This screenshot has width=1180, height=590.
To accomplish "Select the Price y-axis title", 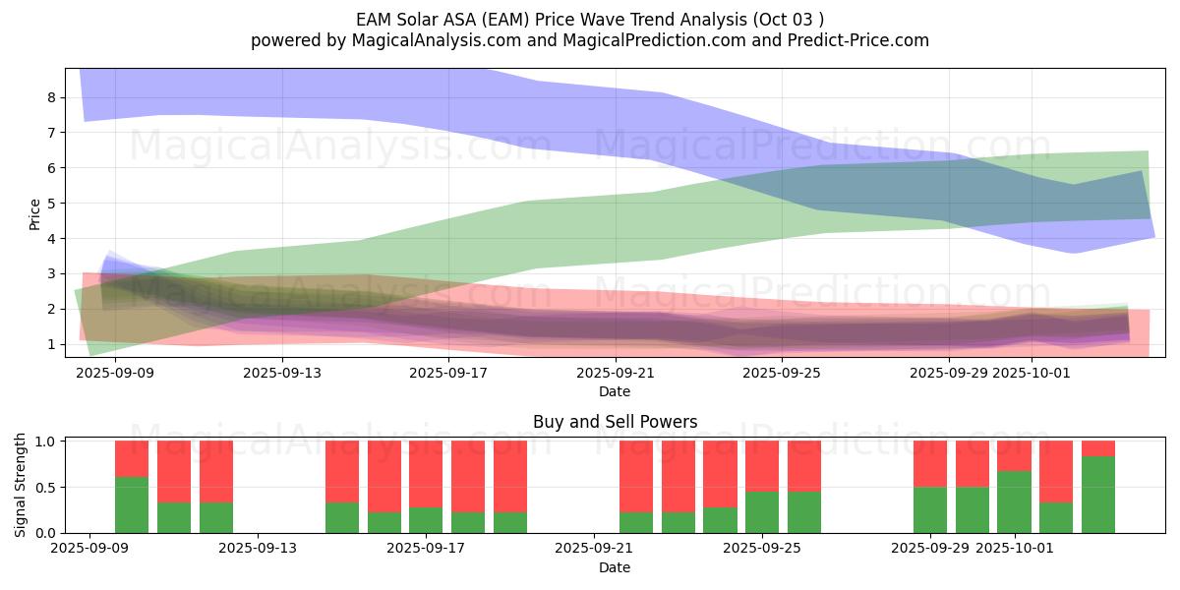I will click(x=35, y=213).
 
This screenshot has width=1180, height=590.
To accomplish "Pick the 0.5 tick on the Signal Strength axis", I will click(x=45, y=487).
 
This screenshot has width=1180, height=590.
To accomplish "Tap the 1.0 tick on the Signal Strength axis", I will click(x=45, y=442).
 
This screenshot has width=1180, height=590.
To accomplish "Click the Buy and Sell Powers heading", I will click(x=615, y=422).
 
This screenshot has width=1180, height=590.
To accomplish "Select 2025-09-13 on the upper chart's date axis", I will click(x=282, y=373).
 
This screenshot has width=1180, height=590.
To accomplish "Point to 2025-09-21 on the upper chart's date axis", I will click(x=616, y=373).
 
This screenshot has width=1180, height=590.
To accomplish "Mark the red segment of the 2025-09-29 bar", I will click(x=930, y=463).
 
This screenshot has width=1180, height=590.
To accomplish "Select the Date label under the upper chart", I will click(x=615, y=391).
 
